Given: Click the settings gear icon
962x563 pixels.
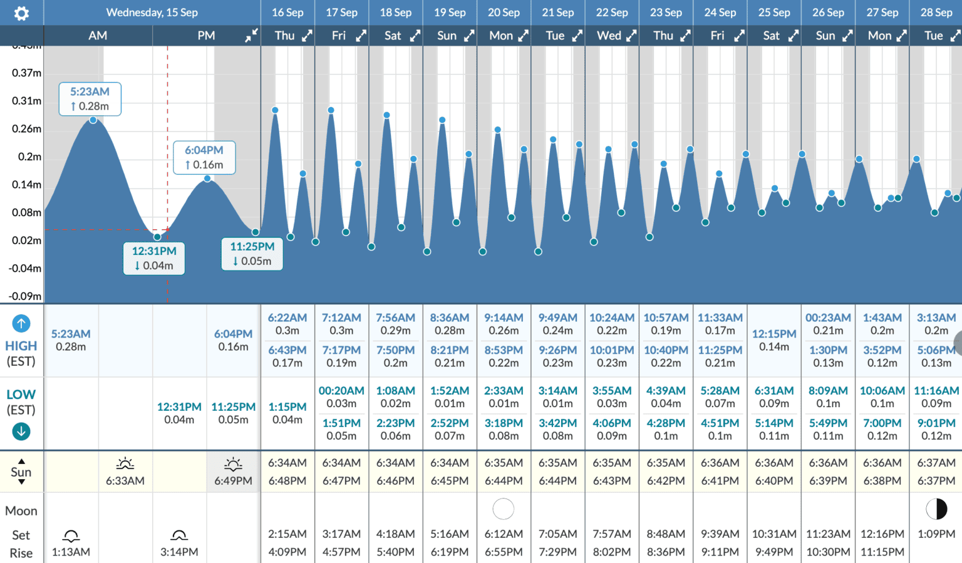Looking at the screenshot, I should (x=21, y=13).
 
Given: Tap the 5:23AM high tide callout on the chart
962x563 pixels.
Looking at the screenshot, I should (x=90, y=99).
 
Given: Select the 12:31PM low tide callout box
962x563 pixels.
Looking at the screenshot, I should (x=154, y=258).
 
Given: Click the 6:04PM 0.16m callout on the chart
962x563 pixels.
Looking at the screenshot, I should (x=204, y=157).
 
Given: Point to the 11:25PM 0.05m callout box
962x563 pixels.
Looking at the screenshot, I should (x=252, y=254).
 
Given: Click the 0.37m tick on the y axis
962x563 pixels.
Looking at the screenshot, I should (x=26, y=73).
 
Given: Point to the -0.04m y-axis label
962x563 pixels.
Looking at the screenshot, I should (x=25, y=268).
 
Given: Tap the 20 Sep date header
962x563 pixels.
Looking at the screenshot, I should (x=504, y=13).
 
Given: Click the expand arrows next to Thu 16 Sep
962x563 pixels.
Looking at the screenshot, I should (x=307, y=36).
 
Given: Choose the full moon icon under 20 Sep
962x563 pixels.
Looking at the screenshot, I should (x=504, y=509).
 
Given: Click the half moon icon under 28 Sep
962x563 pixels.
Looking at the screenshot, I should (x=936, y=509).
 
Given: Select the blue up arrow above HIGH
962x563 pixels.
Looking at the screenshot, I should (x=21, y=324).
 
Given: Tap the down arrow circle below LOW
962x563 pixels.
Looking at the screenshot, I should (x=21, y=431).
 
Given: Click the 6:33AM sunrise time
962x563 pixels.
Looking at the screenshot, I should (x=125, y=480).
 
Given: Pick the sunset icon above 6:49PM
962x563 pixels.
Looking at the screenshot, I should (x=233, y=464).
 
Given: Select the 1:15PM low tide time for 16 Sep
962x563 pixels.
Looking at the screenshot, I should (x=287, y=407).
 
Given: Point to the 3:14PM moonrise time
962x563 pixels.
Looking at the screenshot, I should (x=179, y=552).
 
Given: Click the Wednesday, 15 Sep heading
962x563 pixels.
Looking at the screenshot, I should (x=152, y=13).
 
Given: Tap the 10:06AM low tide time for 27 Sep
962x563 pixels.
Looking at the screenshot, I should (x=882, y=391).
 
